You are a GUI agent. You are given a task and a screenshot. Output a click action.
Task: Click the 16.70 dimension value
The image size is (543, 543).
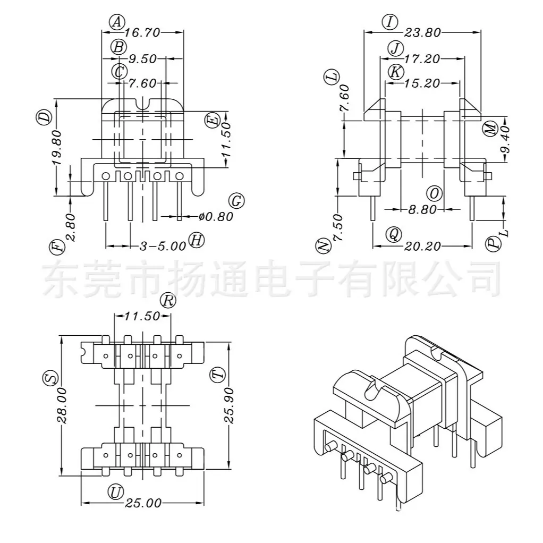point(142,32)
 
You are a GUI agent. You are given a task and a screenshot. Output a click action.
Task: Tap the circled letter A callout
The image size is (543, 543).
point(117,22)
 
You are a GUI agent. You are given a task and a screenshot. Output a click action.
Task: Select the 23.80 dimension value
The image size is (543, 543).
point(422,32)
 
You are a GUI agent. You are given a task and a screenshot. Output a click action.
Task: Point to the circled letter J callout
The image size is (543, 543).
point(395,48)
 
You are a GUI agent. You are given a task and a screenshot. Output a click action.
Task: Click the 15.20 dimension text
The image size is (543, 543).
point(422,83)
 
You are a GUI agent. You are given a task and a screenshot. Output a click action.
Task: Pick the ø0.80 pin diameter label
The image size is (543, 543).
point(216,217)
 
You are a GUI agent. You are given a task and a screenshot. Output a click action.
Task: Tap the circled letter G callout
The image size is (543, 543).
point(236,201)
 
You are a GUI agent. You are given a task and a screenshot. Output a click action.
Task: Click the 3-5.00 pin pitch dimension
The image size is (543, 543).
point(163,246)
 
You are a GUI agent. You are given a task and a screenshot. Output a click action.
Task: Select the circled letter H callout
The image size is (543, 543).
point(197,240)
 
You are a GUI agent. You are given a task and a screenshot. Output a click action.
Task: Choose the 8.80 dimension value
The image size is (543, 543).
point(422,209)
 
